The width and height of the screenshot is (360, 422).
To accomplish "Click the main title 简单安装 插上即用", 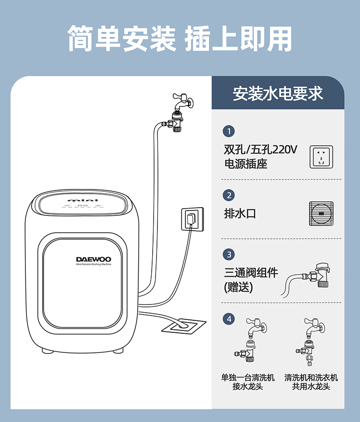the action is click(x=180, y=38).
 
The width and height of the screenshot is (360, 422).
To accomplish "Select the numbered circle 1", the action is click(x=229, y=131).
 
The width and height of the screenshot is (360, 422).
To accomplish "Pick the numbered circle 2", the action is click(x=229, y=195).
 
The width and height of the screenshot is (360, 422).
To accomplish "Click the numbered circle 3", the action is click(x=229, y=254).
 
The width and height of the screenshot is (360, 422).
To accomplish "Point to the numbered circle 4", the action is click(x=229, y=318).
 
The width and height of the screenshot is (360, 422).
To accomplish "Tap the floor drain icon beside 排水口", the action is click(x=321, y=214).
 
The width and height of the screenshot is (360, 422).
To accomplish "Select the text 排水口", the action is click(x=240, y=214).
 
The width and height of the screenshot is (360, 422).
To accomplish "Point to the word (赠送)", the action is click(x=238, y=288).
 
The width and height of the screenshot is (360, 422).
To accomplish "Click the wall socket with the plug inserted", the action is click(x=192, y=219).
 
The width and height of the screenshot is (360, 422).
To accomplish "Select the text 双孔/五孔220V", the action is click(x=261, y=150).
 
